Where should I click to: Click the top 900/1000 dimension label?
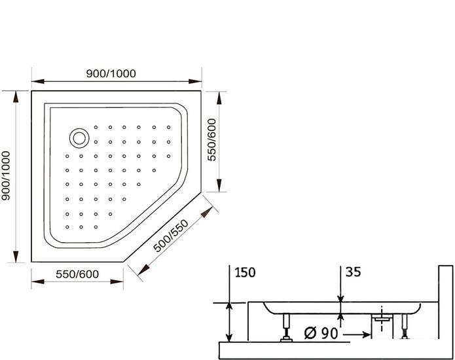click(111, 73)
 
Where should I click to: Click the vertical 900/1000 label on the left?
click(6, 175)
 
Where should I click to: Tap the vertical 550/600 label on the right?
click(212, 140)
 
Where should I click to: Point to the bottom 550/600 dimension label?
click(77, 274)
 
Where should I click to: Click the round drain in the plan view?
click(79, 138)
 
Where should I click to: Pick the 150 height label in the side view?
click(245, 272)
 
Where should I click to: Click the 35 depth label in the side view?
click(353, 272)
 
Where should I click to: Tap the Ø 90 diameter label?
click(321, 333)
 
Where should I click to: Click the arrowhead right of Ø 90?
click(365, 334)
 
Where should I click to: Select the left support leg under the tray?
click(286, 327)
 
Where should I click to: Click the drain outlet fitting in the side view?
click(382, 319)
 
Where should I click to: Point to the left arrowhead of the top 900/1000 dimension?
click(38, 81)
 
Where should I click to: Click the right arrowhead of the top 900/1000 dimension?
click(195, 81)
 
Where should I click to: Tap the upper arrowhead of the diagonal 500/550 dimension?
click(207, 212)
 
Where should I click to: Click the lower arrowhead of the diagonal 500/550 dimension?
click(143, 270)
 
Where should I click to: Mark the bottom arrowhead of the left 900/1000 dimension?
click(16, 257)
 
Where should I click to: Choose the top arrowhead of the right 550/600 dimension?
click(219, 98)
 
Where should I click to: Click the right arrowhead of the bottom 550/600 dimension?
click(117, 281)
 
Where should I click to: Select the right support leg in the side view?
click(404, 327)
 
